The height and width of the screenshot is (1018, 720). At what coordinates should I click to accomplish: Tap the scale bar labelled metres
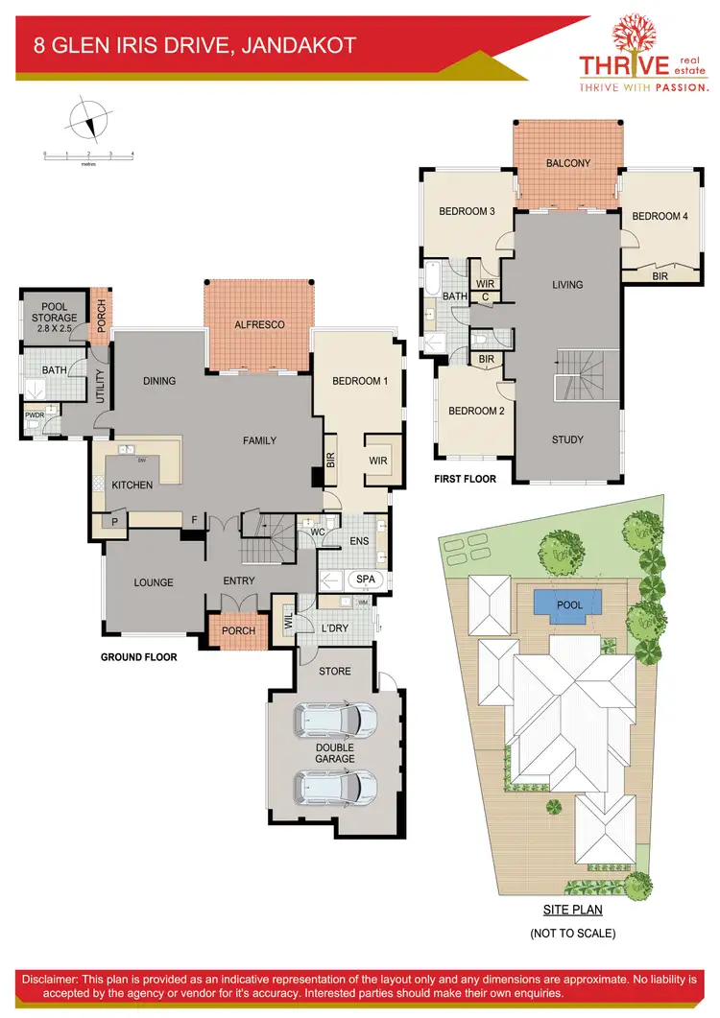88,155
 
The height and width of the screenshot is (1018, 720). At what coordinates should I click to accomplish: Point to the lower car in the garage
331,788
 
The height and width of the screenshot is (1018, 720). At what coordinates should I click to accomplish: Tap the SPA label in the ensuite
365,580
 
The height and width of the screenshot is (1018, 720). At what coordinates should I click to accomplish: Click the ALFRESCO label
260,325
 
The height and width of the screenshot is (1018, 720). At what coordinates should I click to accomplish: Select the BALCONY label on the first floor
568,163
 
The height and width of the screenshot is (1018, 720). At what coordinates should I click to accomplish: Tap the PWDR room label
35,415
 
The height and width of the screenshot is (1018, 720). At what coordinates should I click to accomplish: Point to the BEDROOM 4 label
660,217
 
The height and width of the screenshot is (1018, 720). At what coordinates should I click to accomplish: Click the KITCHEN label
132,485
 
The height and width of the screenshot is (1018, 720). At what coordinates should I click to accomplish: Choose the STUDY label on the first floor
567,440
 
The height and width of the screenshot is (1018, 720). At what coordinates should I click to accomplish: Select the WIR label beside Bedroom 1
377,461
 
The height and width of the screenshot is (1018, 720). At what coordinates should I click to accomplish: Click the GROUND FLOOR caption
139,657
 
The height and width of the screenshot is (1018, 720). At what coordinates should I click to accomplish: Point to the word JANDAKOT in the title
299,44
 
